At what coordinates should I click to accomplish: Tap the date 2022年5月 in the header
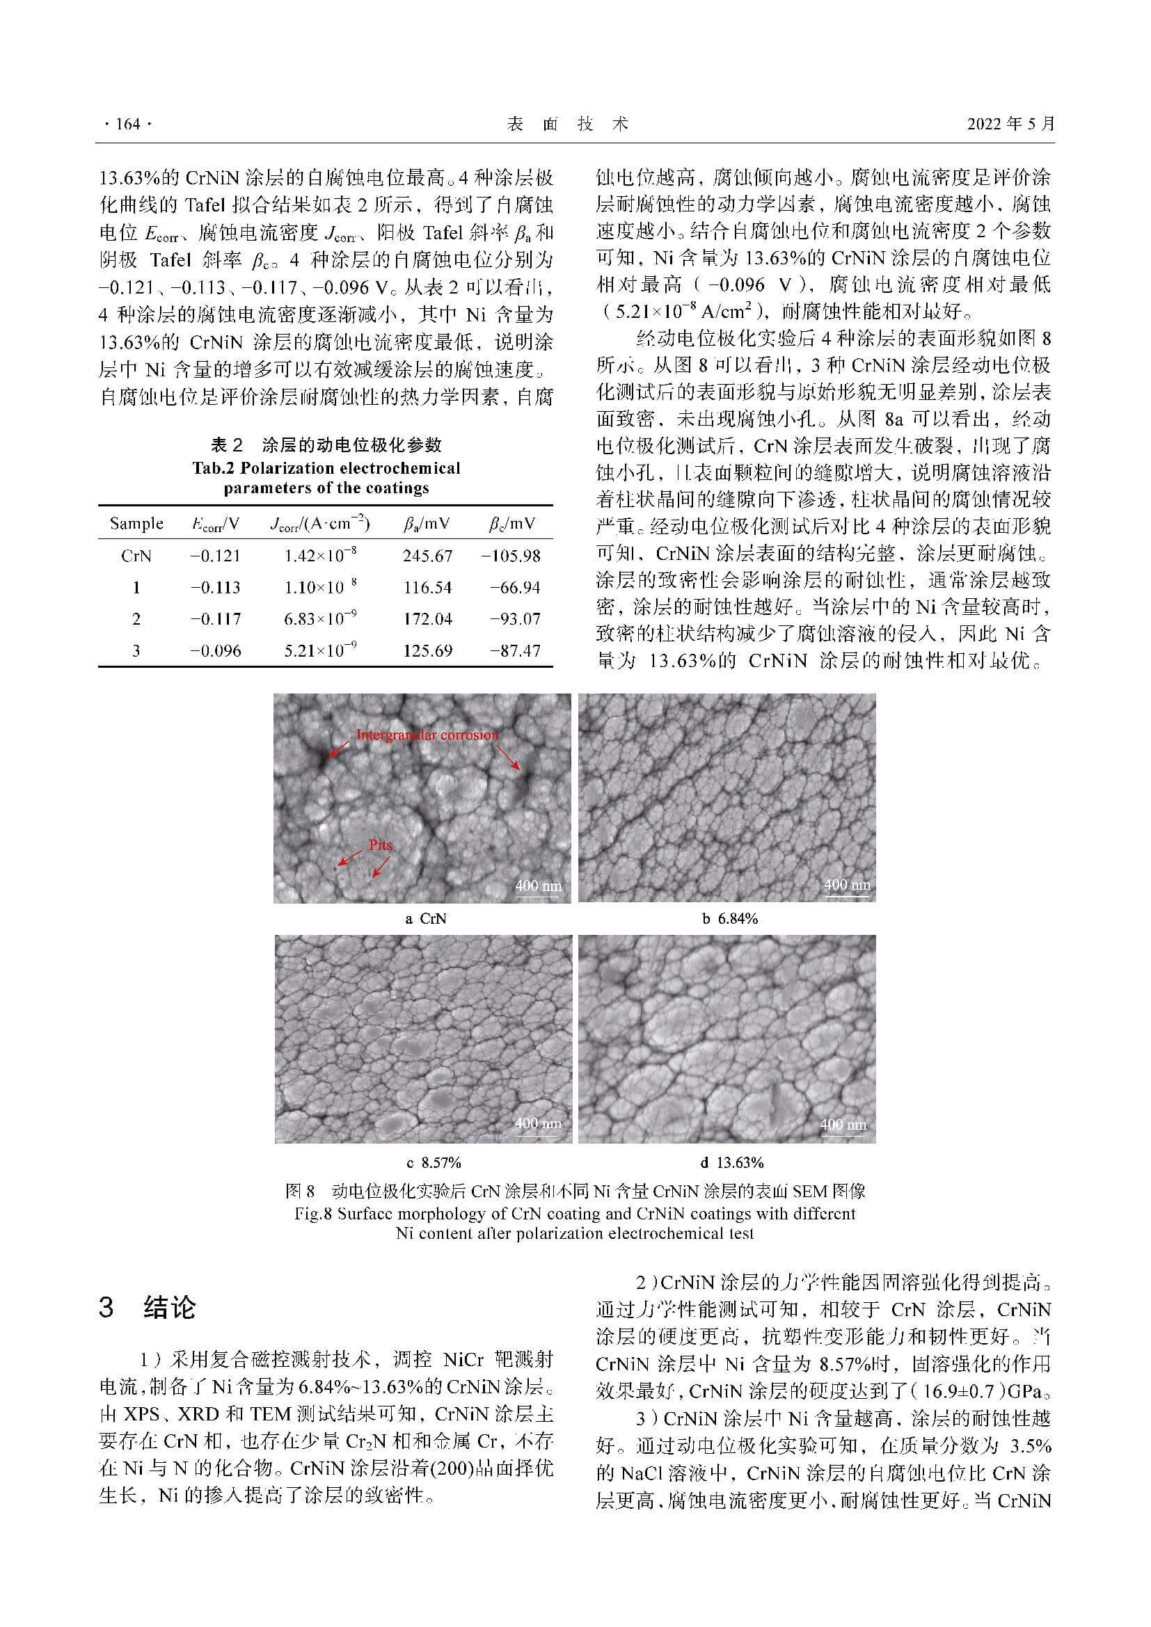click(1010, 124)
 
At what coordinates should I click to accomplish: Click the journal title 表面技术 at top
click(568, 125)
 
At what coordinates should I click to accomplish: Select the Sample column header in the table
click(136, 524)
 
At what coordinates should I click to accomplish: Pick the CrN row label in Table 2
click(136, 556)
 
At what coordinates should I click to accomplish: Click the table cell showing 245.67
click(427, 556)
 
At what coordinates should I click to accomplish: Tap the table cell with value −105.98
click(510, 556)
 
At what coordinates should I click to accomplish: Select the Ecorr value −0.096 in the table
click(216, 650)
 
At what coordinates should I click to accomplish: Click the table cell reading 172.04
click(427, 619)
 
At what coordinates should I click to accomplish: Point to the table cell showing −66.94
click(514, 588)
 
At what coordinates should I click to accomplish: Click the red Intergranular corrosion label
click(427, 735)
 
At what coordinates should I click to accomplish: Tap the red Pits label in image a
click(381, 844)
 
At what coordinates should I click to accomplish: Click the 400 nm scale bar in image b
click(847, 885)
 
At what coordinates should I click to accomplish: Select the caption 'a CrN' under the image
click(425, 919)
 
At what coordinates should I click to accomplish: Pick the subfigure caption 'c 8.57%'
click(434, 1163)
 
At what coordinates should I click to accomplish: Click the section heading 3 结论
click(147, 1308)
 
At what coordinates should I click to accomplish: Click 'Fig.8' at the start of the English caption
click(313, 1214)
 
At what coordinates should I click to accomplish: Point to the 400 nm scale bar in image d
click(843, 1125)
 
